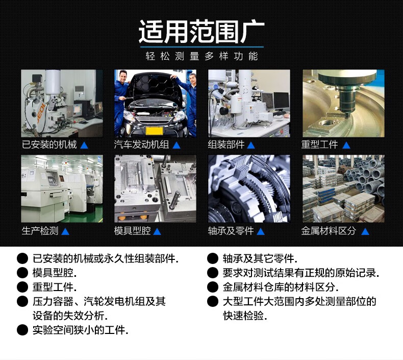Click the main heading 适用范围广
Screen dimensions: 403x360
[x=202, y=32]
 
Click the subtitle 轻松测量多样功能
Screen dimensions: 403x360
[x=202, y=56]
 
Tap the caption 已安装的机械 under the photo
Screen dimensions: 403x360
[x=49, y=145]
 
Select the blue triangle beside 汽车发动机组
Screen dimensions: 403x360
[x=177, y=146]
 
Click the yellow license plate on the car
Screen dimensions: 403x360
[x=154, y=131]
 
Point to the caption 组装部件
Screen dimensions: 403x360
[x=226, y=145]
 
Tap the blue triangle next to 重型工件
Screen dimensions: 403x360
[x=346, y=146]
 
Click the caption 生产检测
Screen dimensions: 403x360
[x=40, y=231]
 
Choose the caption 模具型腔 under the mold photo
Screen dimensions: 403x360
[x=132, y=231]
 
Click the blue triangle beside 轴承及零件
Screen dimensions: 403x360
[x=260, y=232]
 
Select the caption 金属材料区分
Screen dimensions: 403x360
[x=329, y=231]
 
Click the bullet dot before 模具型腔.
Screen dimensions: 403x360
[x=22, y=273]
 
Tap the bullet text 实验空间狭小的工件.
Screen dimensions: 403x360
[x=80, y=330]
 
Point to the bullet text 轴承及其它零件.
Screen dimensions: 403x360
[x=260, y=258]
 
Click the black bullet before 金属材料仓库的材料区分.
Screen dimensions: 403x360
[x=213, y=287]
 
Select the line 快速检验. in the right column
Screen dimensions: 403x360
[x=245, y=316]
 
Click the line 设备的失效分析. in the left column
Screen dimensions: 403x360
[x=70, y=316]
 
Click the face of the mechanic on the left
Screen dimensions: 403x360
[x=123, y=77]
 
